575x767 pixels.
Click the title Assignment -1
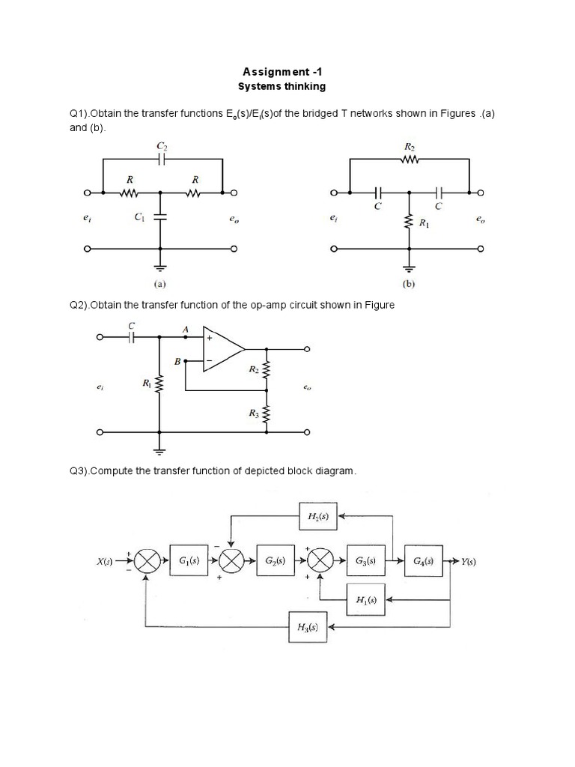[x=282, y=72]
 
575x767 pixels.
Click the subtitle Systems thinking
[x=282, y=87]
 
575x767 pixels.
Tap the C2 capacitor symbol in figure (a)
[x=162, y=159]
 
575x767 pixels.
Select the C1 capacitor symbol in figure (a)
[x=160, y=216]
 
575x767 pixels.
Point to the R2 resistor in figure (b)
[x=410, y=159]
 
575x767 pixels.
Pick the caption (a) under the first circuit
[x=160, y=283]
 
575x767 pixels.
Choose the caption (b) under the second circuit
[x=409, y=284]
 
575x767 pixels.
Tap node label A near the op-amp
[x=186, y=330]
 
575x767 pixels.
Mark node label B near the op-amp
[x=177, y=362]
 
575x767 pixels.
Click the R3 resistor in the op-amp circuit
[x=267, y=414]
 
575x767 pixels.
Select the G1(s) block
[x=189, y=560]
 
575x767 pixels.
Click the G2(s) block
[x=276, y=560]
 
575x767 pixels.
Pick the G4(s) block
[x=424, y=560]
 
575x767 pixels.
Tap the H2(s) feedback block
[x=318, y=516]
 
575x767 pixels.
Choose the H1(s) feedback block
[x=366, y=599]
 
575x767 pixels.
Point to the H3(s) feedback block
[x=308, y=627]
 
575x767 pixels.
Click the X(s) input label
[x=105, y=562]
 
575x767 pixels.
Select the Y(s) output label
[x=469, y=561]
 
